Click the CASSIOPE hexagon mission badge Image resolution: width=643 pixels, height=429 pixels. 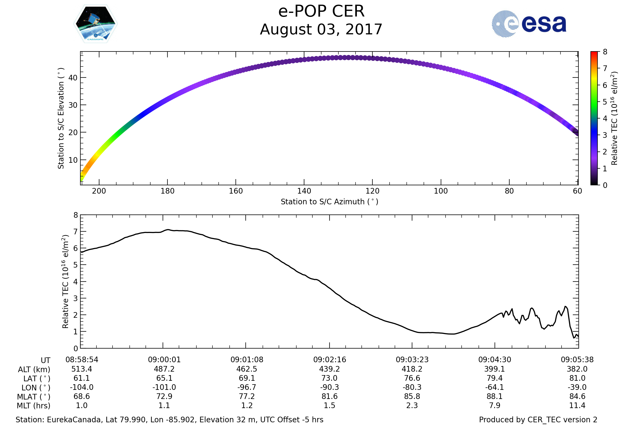pyautogui.click(x=96, y=24)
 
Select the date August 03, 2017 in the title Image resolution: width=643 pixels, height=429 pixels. pyautogui.click(x=321, y=29)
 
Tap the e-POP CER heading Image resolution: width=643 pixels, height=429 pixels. pyautogui.click(x=321, y=12)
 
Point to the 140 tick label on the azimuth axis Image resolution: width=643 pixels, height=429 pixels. pyautogui.click(x=304, y=191)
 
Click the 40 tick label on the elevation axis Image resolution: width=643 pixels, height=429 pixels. pyautogui.click(x=73, y=78)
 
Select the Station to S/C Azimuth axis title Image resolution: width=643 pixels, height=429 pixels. pyautogui.click(x=330, y=202)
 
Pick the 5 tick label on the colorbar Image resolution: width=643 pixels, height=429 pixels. pyautogui.click(x=605, y=102)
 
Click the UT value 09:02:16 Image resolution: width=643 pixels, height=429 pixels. pyautogui.click(x=330, y=360)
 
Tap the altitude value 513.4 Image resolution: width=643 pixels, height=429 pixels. pyautogui.click(x=82, y=369)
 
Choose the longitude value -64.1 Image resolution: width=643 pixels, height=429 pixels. pyautogui.click(x=495, y=387)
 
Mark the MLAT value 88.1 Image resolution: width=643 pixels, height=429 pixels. pyautogui.click(x=495, y=397)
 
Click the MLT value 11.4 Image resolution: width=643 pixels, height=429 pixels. pyautogui.click(x=577, y=405)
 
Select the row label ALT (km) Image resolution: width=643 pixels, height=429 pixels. pyautogui.click(x=34, y=370)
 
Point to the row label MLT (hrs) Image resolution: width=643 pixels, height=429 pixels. pyautogui.click(x=34, y=406)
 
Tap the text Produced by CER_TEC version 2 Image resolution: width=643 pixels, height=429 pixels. pyautogui.click(x=538, y=420)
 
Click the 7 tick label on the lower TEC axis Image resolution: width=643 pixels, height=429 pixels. pyautogui.click(x=76, y=232)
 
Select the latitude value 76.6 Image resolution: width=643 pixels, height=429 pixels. pyautogui.click(x=412, y=378)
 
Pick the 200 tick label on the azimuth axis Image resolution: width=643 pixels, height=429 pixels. pyautogui.click(x=99, y=191)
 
